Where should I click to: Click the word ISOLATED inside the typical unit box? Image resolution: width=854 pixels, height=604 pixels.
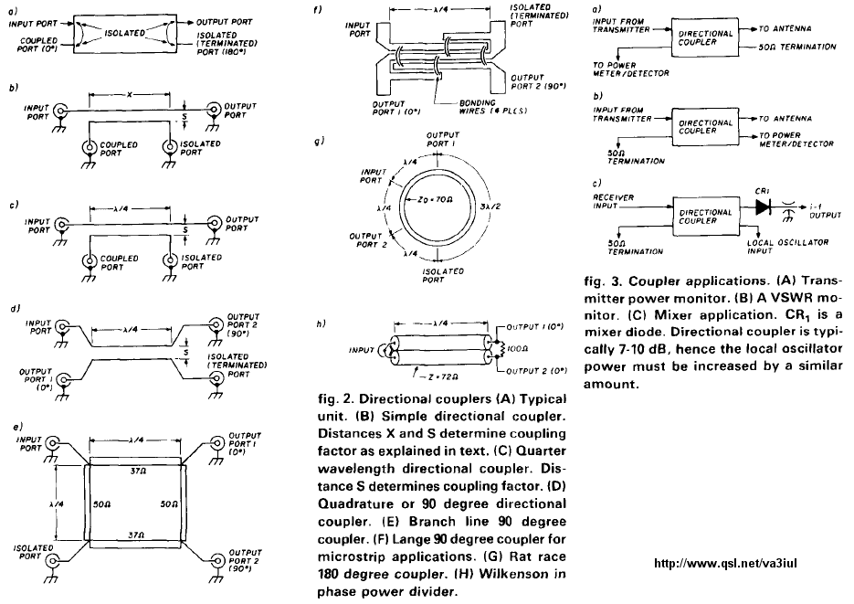[125, 33]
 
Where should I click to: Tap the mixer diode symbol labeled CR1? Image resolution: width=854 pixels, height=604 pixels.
[762, 207]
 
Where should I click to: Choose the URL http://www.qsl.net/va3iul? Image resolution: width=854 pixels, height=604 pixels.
[725, 563]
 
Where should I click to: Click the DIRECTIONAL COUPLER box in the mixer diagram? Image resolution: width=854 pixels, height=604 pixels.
[705, 217]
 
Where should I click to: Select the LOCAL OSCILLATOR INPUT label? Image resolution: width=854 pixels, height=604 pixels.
[787, 246]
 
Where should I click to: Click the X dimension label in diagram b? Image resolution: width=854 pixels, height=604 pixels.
[129, 95]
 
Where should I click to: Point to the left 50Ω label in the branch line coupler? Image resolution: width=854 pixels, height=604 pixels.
[102, 505]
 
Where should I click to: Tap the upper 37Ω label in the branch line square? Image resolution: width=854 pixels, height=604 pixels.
[137, 472]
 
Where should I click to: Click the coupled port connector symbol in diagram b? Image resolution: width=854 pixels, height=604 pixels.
[88, 148]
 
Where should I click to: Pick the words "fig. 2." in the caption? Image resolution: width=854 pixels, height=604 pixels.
[335, 399]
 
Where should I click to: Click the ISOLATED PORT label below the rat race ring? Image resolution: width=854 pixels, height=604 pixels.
[443, 275]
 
